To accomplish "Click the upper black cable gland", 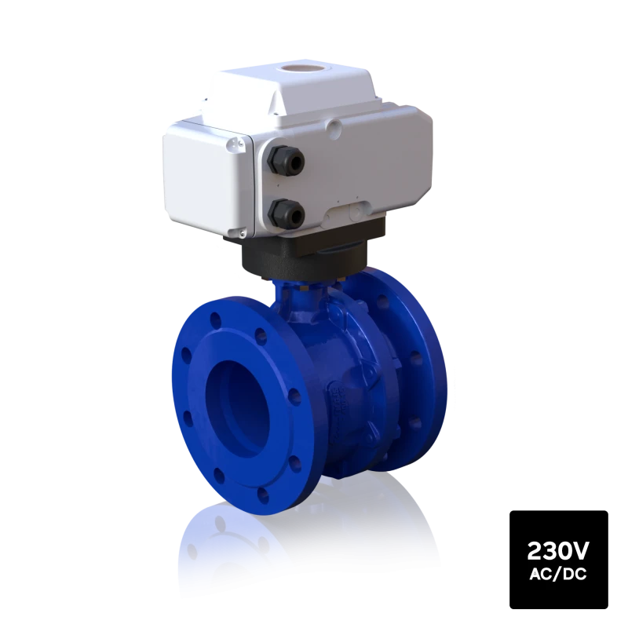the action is point(286,160).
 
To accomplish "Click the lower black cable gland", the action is point(286,213).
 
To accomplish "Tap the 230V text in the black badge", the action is point(558,551).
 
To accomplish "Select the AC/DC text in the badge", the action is point(558,575).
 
